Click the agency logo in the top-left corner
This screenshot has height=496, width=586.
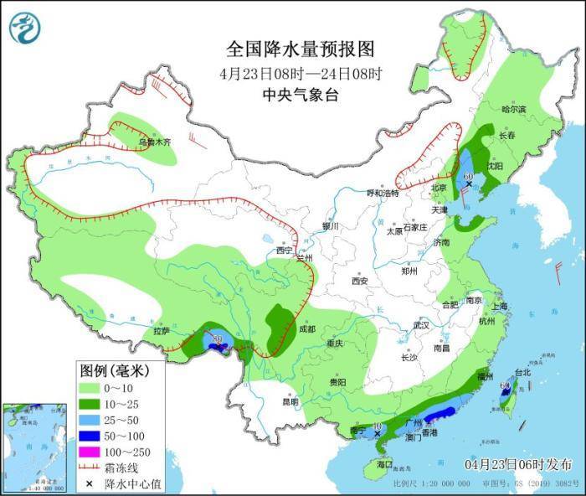pos(25,28)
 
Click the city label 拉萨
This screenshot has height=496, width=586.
pos(162,332)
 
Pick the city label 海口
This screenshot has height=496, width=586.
pos(384,463)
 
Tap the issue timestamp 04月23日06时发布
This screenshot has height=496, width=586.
pos(519,464)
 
